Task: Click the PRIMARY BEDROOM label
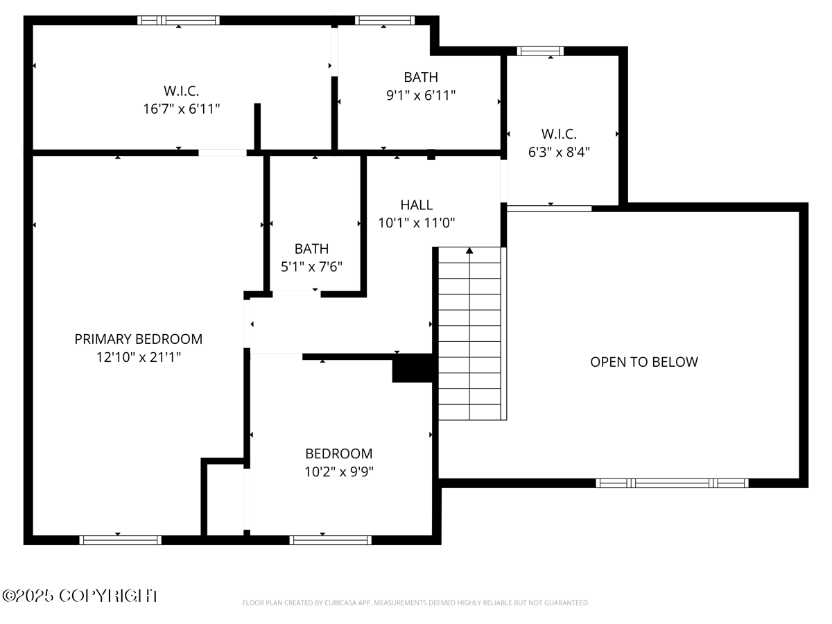pos(139,339)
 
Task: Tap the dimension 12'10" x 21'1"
pos(139,357)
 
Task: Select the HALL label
pos(417,205)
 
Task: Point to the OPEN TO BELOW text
pos(644,362)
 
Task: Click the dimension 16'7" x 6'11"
pos(182,109)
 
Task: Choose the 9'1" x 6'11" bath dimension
pos(421,96)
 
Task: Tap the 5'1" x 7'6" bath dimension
pos(311,266)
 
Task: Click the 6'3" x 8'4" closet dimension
pos(559,152)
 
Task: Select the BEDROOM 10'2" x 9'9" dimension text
pos(339,471)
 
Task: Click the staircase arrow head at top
pos(469,250)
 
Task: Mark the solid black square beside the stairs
pos(413,368)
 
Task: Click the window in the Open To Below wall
pos(672,483)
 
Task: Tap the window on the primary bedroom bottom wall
pos(121,539)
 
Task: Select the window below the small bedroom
pos(331,539)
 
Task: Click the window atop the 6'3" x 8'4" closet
pos(540,51)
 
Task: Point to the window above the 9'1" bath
pos(385,20)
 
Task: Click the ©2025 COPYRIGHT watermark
pos(80,596)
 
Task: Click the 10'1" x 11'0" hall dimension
pos(417,223)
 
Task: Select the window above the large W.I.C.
pos(179,20)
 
